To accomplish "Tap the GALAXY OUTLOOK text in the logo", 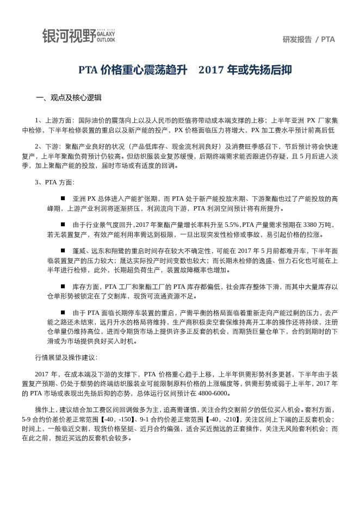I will point(105,36).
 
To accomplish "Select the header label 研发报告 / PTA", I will point(308,39).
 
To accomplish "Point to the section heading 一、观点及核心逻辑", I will point(69,98).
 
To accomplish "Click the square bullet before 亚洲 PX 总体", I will point(63,198).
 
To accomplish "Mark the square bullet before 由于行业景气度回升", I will point(63,225).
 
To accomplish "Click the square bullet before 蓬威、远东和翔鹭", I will point(63,251).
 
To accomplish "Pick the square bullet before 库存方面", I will point(63,286).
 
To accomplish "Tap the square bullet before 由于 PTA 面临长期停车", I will point(63,313).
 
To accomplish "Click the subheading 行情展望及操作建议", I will point(66,358).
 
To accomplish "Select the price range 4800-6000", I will point(214,394).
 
